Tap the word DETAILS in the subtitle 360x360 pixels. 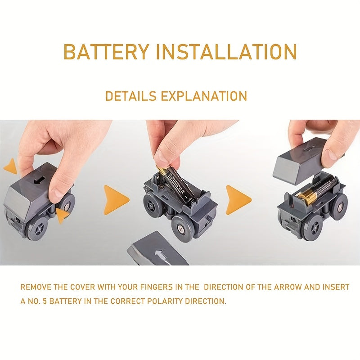pyautogui.click(x=130, y=96)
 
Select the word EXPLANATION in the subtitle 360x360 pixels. pyautogui.click(x=204, y=96)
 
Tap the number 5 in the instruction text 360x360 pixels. pyautogui.click(x=45, y=301)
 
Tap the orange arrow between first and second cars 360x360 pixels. pyautogui.click(x=117, y=200)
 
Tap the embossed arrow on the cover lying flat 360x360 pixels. pyautogui.click(x=159, y=256)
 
